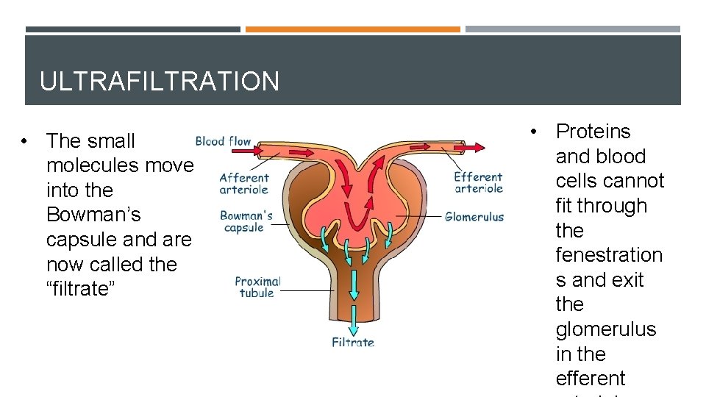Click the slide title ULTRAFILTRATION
[160, 81]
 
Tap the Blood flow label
[223, 141]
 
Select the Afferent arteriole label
[244, 183]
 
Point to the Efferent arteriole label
[478, 182]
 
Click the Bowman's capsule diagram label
[246, 221]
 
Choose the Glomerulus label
[474, 217]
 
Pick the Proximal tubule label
[257, 287]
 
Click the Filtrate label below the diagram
[353, 342]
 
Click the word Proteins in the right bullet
[593, 132]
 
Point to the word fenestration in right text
[609, 255]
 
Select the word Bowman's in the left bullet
[93, 215]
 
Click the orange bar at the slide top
[352, 29]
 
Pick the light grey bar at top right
[573, 29]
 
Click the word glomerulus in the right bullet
[606, 329]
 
